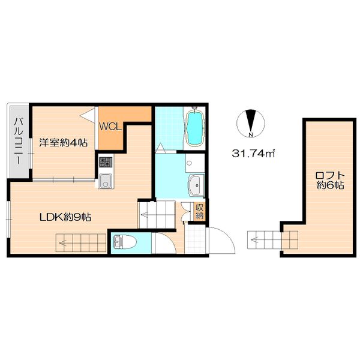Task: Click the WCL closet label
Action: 110,127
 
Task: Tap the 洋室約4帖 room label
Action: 64,143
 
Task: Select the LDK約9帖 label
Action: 65,217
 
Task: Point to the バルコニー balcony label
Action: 19,141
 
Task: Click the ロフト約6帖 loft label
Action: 330,180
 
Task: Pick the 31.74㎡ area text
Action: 253,154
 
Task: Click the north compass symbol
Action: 251,123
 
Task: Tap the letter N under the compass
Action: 251,135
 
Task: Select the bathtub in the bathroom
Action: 195,127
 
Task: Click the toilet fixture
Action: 125,242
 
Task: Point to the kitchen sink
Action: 106,181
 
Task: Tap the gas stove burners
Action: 106,163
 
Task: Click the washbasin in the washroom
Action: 196,185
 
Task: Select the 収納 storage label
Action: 199,212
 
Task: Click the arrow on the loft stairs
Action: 256,241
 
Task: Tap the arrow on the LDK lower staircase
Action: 64,242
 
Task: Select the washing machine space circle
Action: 189,163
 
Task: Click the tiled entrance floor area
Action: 195,239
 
